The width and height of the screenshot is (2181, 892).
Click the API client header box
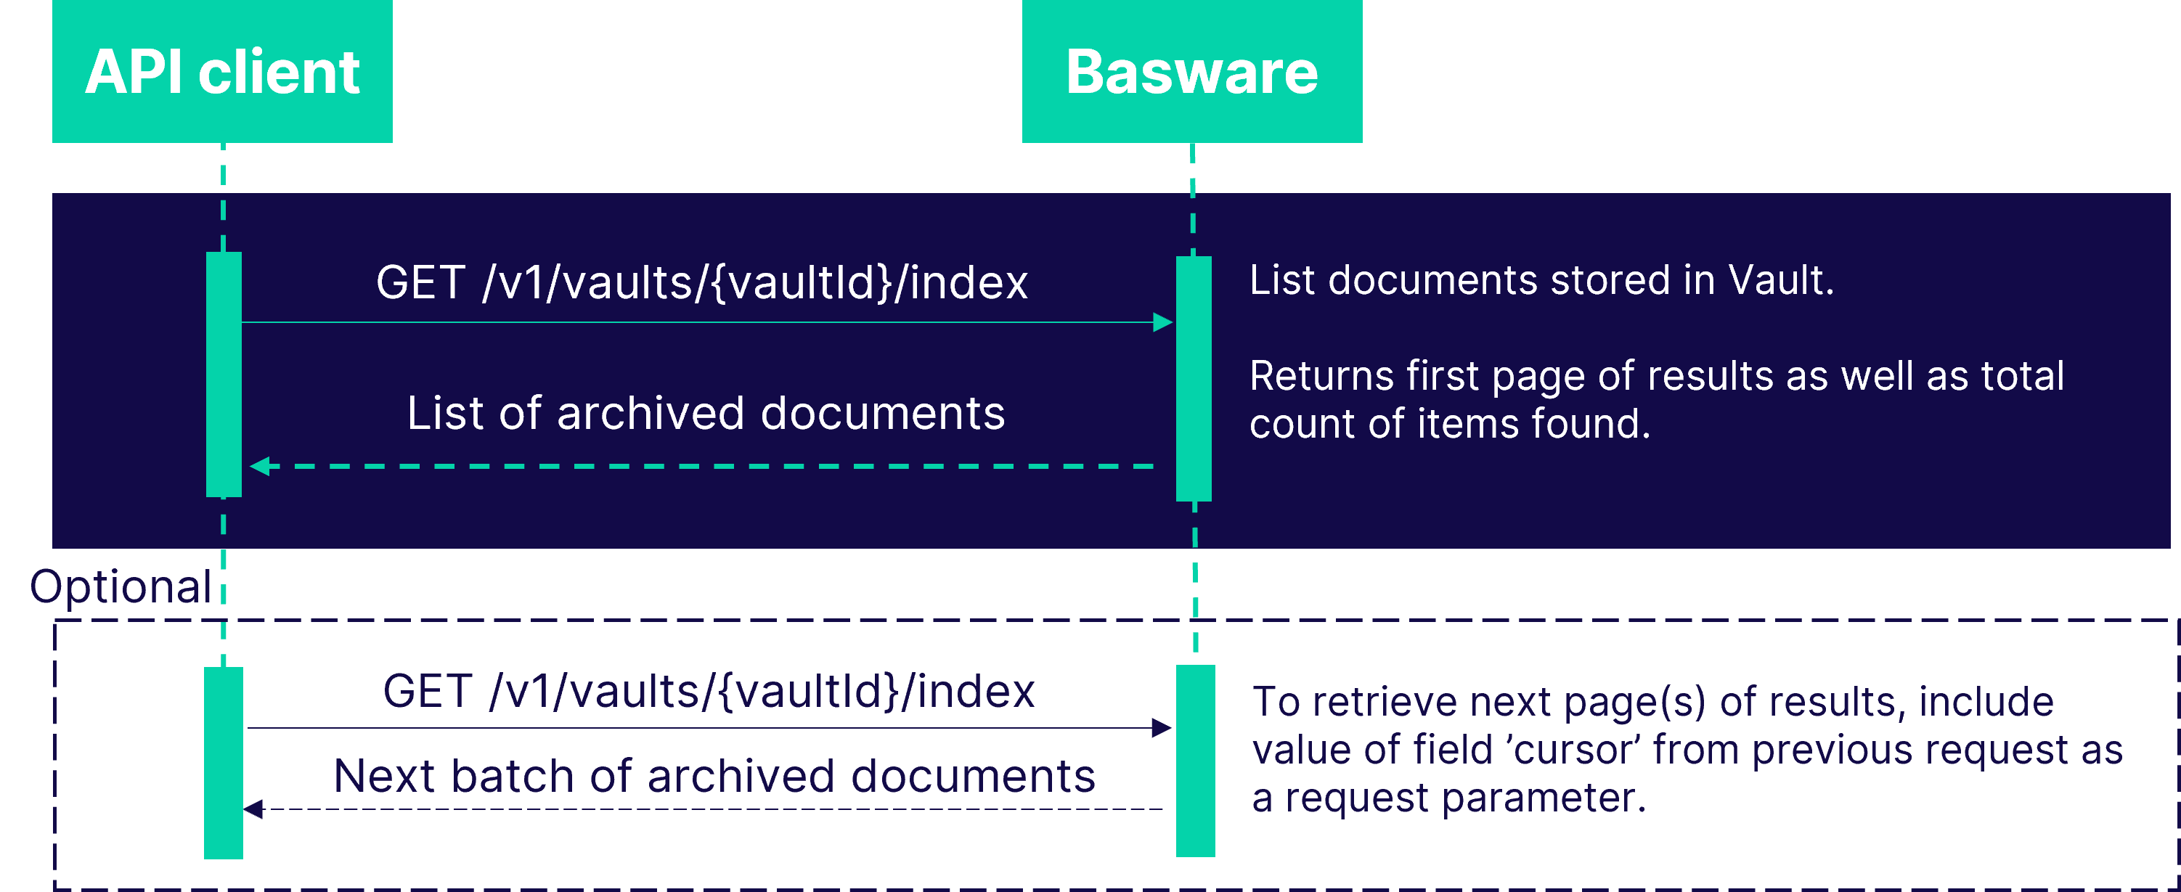coord(222,71)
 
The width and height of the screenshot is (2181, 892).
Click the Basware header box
coord(1191,71)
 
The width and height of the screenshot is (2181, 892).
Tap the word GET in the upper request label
coord(420,282)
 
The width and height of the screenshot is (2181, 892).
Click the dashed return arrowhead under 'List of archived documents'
coord(260,466)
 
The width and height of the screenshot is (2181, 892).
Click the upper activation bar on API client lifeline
coord(224,374)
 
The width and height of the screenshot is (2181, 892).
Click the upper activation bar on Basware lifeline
coord(1193,378)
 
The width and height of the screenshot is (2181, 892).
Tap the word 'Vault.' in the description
coord(1780,280)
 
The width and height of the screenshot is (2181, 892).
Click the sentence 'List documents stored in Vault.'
coord(1541,280)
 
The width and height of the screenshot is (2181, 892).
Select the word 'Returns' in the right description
coord(1321,376)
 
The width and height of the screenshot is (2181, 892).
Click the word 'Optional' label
coord(121,586)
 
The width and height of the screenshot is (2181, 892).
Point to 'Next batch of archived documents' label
coord(714,776)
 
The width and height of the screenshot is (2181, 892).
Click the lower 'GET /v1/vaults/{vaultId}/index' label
coord(708,692)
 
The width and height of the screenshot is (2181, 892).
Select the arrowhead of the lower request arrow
coord(1161,728)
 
